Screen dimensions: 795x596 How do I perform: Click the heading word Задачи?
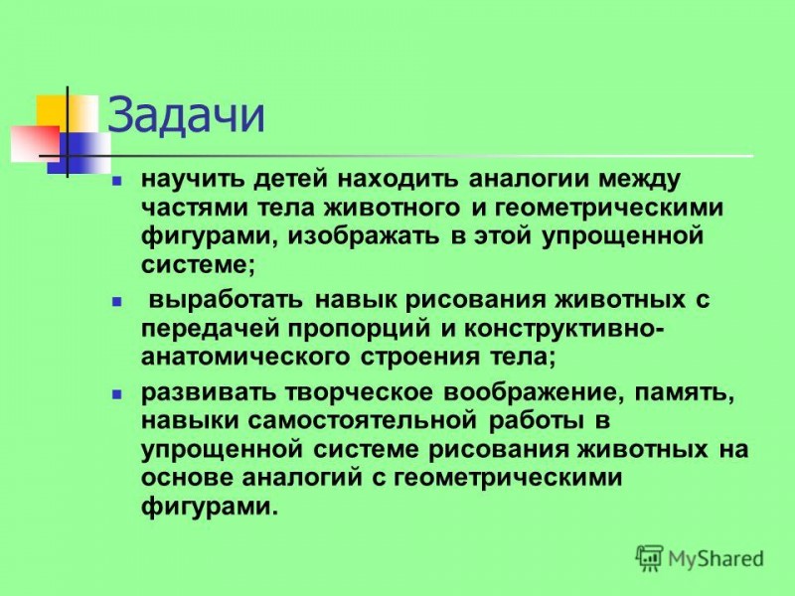point(186,116)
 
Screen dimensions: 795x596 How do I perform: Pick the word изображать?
point(364,236)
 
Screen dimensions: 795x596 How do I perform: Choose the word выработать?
point(226,301)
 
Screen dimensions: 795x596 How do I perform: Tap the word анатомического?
point(245,357)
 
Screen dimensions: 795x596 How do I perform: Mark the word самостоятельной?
point(364,421)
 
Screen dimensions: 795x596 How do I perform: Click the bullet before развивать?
point(117,392)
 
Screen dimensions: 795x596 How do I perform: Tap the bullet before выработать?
point(117,301)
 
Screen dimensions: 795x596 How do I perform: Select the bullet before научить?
point(117,180)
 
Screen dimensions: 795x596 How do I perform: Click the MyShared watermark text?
point(715,558)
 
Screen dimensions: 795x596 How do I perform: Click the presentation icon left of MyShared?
point(650,558)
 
